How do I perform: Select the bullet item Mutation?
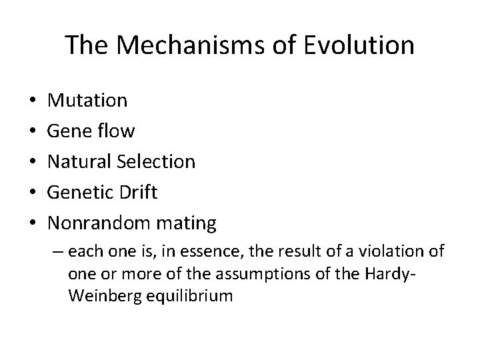tap(88, 101)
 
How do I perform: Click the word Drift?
tap(141, 192)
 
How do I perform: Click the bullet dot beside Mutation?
tap(33, 101)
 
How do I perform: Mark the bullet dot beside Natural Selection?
tap(33, 162)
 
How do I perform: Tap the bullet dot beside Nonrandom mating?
tap(33, 223)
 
